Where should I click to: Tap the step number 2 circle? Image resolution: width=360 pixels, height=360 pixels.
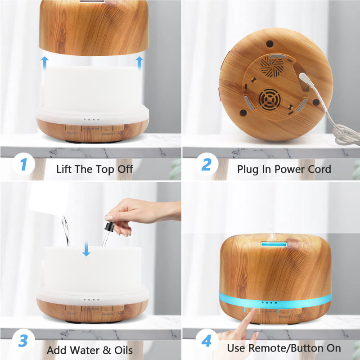click(206, 165)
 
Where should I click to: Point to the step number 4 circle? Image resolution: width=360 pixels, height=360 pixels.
click(206, 341)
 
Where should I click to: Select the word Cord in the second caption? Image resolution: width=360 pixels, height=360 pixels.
click(318, 169)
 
